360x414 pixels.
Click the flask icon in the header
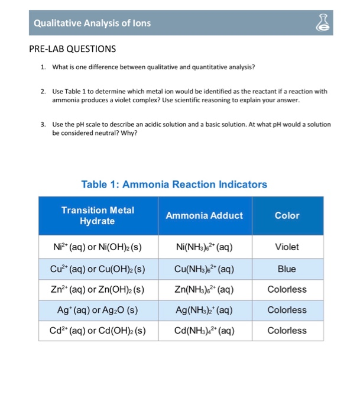pyautogui.click(x=339, y=23)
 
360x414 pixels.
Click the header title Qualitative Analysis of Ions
pyautogui.click(x=92, y=23)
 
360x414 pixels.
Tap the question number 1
pyautogui.click(x=43, y=67)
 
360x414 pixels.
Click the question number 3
pyautogui.click(x=43, y=125)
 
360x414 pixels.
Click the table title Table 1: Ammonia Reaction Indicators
pyautogui.click(x=174, y=184)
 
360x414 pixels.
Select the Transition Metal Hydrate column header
pyautogui.click(x=98, y=215)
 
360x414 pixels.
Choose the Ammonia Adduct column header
pyautogui.click(x=204, y=215)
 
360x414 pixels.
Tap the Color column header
pyautogui.click(x=287, y=215)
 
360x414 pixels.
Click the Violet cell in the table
pyautogui.click(x=287, y=247)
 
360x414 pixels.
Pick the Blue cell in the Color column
pyautogui.click(x=287, y=269)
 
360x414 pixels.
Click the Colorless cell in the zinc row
pyautogui.click(x=287, y=289)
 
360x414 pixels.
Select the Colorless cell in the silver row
pyautogui.click(x=287, y=309)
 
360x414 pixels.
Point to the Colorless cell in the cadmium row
pyautogui.click(x=287, y=330)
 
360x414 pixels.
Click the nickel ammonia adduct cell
pyautogui.click(x=204, y=247)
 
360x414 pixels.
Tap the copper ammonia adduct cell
pyautogui.click(x=204, y=269)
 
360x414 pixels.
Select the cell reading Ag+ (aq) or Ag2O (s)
pyautogui.click(x=98, y=309)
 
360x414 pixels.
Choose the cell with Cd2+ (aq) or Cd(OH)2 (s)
pyautogui.click(x=98, y=330)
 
